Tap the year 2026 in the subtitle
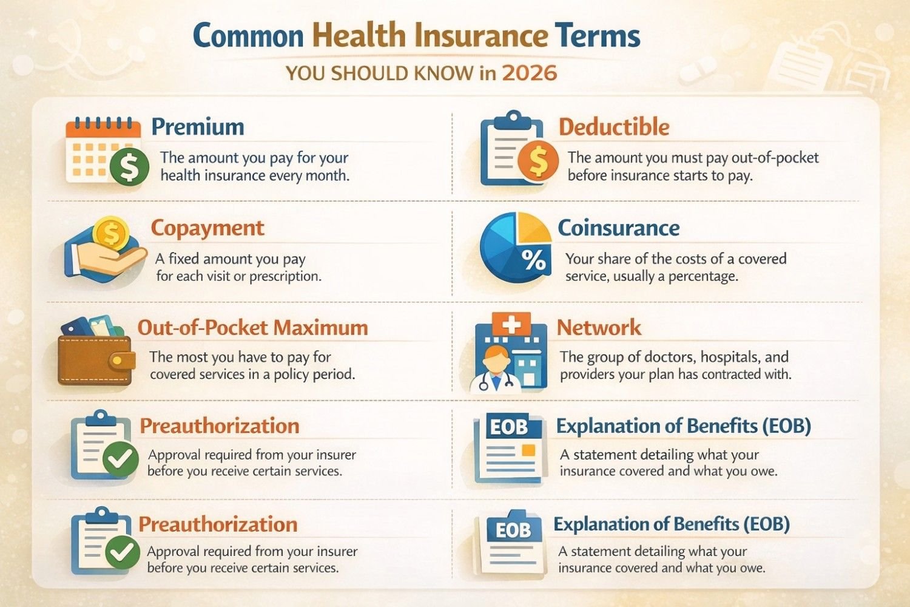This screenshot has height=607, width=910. [529, 73]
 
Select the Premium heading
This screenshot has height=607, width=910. [198, 127]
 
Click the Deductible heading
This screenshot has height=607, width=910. [614, 127]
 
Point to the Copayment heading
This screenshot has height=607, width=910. [207, 228]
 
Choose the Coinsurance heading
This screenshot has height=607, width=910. [618, 228]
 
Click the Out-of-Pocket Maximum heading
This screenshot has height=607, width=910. [252, 328]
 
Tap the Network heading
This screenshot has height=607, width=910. [599, 328]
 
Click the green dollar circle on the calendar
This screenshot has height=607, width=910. [129, 167]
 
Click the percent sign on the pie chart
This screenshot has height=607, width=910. [533, 260]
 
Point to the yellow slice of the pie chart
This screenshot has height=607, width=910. [533, 227]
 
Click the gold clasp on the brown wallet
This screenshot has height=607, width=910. [122, 361]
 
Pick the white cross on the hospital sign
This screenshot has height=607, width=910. [511, 324]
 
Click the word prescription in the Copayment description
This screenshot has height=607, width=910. [283, 276]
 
